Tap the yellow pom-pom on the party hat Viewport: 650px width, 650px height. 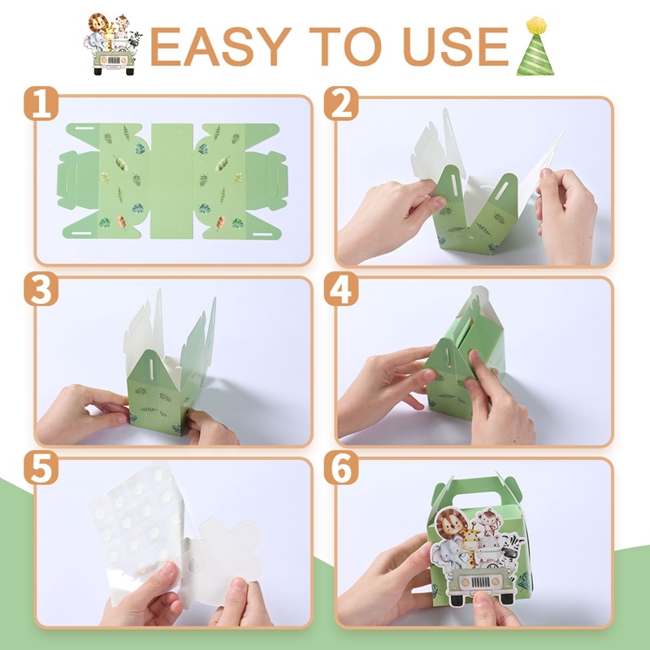point(535,25)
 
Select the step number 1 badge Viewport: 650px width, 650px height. point(41,104)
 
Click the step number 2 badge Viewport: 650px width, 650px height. point(340,104)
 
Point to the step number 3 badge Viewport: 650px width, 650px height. point(41,288)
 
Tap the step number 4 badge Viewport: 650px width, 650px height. point(340,288)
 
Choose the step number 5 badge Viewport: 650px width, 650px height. point(41,468)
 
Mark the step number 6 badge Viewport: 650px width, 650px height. point(340,468)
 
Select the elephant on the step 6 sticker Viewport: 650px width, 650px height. point(448,556)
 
